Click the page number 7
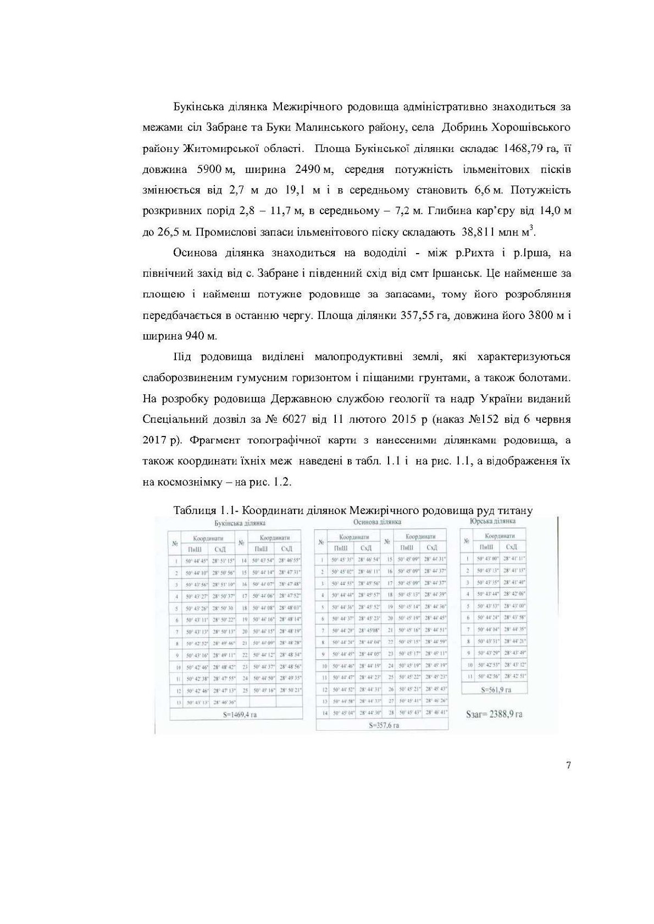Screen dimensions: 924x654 pos(568,765)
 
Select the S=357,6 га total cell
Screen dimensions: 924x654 pos(383,725)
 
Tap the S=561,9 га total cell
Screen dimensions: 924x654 pos(494,688)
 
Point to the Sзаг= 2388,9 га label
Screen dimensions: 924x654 pos(494,714)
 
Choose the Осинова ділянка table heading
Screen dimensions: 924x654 pos(377,522)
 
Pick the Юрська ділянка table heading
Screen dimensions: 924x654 pos(493,520)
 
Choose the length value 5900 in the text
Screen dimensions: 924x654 pos(209,170)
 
